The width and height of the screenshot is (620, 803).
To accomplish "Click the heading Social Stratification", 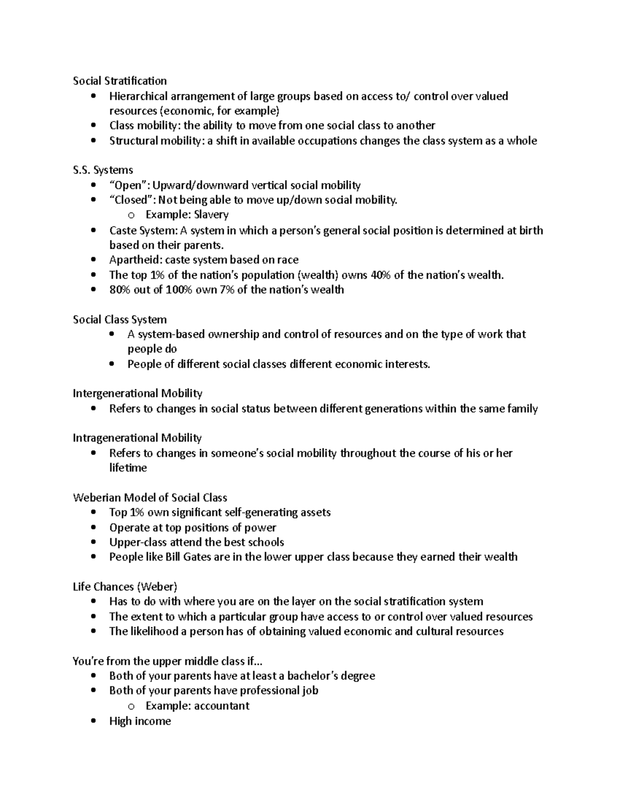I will click(119, 81).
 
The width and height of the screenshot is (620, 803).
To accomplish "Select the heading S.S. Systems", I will click(103, 170).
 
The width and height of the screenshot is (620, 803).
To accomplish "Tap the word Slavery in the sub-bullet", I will click(211, 215).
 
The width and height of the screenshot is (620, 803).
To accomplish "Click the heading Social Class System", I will click(119, 320).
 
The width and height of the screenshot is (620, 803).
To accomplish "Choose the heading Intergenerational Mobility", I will click(137, 393).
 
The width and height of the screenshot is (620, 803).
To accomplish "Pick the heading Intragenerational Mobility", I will click(137, 438).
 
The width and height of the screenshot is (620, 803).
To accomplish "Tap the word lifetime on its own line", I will click(128, 468).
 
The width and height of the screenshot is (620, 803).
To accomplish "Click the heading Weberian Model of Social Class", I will click(150, 498).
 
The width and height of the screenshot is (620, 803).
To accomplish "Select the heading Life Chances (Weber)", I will click(125, 587).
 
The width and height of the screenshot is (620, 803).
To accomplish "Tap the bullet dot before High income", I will click(93, 721).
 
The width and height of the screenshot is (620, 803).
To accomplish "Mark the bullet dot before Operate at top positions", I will click(93, 527).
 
